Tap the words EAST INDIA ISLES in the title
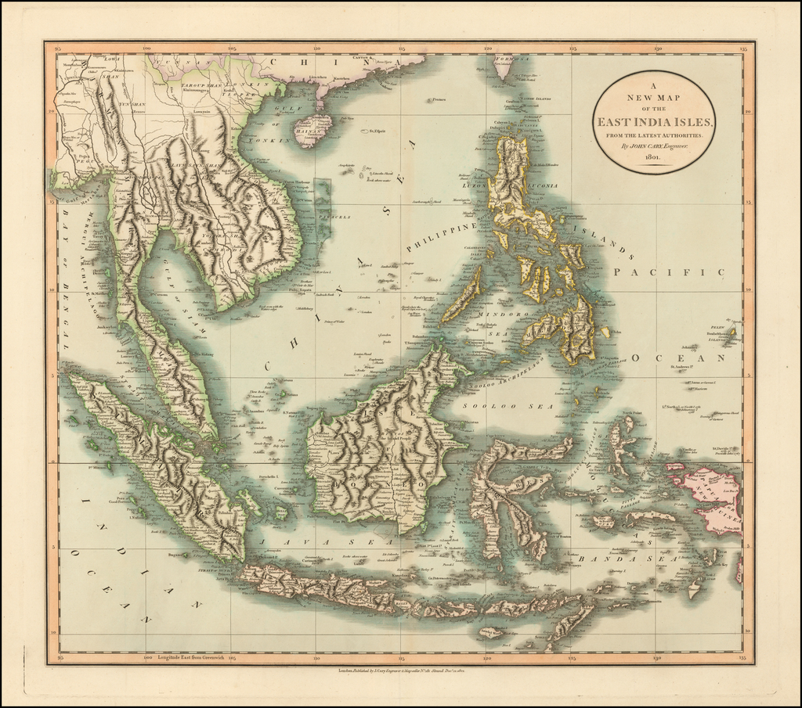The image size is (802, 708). coord(654,122)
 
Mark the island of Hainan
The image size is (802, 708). coord(312,130)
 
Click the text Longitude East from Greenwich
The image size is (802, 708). coord(191,658)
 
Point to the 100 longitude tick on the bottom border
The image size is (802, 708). coord(146,658)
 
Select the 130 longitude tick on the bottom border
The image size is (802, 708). coord(658,658)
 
